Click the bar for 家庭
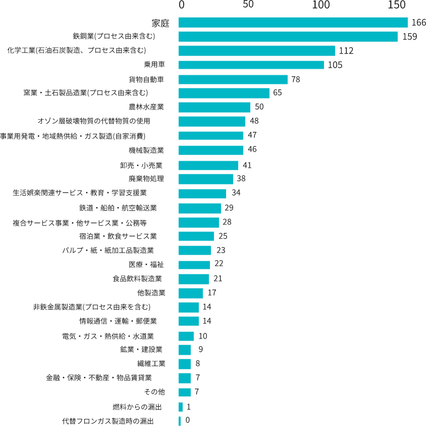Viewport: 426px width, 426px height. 293,23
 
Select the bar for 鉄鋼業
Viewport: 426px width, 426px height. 288,37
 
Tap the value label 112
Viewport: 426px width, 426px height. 346,51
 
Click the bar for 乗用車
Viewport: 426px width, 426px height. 251,65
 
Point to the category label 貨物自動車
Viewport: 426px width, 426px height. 146,79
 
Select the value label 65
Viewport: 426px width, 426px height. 278,93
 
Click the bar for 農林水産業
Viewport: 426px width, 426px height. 214,108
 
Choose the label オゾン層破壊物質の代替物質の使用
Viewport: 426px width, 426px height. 94,121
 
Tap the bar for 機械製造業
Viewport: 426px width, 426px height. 210,150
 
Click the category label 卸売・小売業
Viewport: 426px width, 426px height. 143,165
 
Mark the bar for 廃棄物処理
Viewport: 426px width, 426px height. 205,179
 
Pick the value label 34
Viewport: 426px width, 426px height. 236,193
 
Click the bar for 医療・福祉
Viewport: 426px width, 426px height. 194,265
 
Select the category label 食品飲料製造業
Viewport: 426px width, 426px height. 137,278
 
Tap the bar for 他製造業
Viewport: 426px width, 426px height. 190,293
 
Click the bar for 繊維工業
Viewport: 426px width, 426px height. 184,364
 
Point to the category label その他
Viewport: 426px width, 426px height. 154,392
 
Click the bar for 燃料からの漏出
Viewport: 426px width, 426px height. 180,407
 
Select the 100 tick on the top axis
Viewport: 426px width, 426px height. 321,5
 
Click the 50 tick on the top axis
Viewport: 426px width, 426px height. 248,5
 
